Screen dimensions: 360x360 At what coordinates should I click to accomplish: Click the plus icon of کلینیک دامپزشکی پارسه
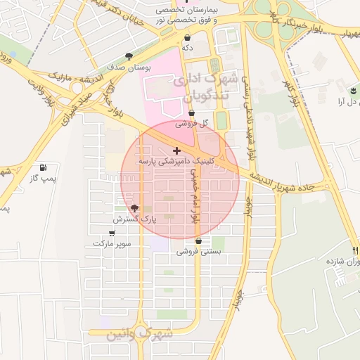[x=176, y=150]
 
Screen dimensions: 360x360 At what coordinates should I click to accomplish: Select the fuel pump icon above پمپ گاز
[x=44, y=167]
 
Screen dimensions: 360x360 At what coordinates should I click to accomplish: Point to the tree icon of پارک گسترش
[x=134, y=208]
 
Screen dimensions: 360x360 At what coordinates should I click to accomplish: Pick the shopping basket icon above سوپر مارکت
[x=112, y=232]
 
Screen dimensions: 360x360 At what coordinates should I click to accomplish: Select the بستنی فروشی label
[x=198, y=250]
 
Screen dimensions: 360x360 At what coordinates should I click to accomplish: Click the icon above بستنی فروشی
[x=199, y=240]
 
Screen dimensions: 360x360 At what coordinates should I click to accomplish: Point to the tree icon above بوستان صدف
[x=128, y=56]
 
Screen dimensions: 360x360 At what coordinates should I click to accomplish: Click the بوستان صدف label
[x=128, y=67]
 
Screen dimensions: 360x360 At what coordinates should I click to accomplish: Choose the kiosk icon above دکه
[x=187, y=38]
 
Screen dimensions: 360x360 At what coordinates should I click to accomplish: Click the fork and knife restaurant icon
[x=356, y=250]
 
